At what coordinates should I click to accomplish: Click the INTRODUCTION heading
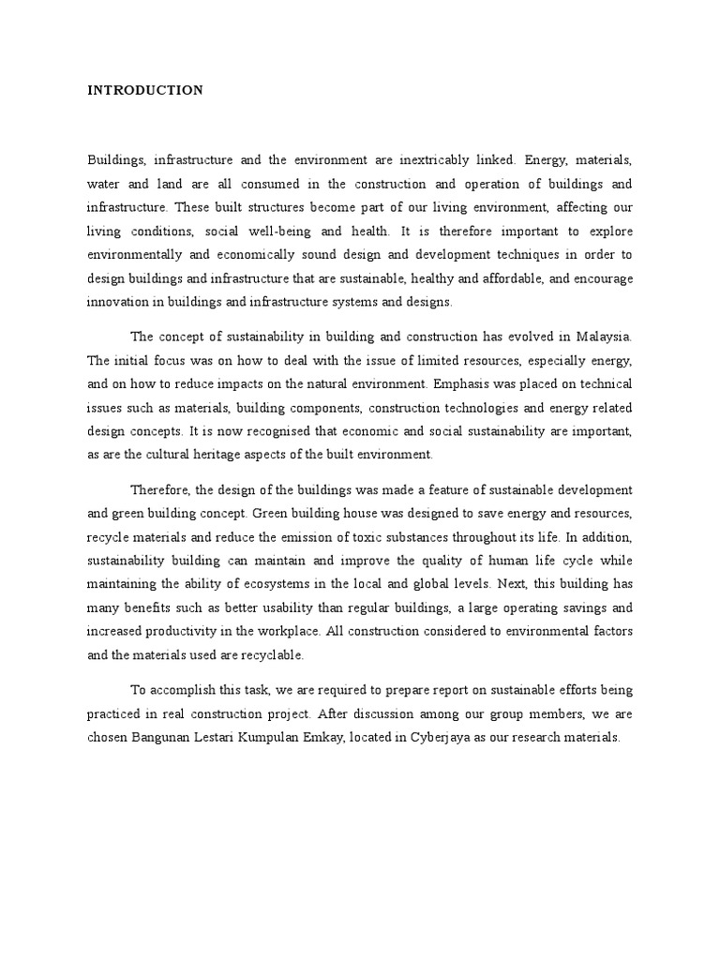pos(145,91)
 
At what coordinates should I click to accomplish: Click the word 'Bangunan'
pos(161,738)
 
